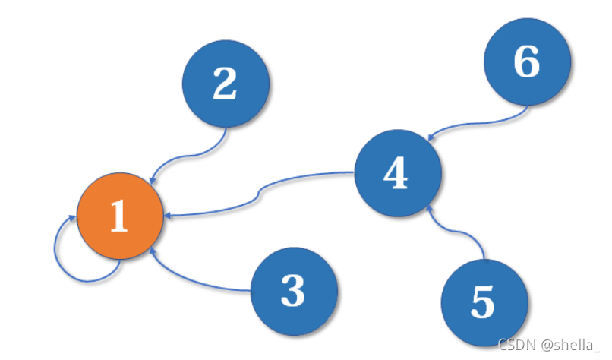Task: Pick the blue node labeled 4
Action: click(398, 172)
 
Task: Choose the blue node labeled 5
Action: click(484, 302)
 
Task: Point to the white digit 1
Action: click(118, 218)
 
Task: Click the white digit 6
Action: click(526, 63)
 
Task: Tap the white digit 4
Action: click(396, 172)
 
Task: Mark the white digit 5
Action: click(483, 302)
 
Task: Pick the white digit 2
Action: click(225, 85)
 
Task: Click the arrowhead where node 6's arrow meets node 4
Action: click(431, 137)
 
